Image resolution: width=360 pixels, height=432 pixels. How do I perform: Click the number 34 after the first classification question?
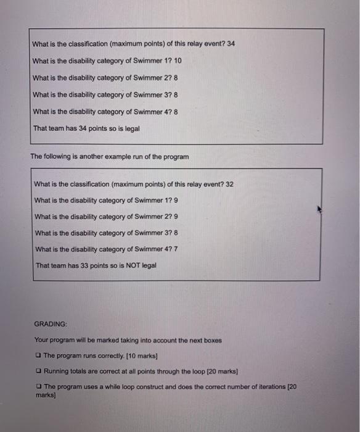click(231, 44)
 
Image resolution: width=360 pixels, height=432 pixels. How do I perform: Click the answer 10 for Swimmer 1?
click(178, 60)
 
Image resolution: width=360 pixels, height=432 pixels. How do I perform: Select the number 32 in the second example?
click(229, 184)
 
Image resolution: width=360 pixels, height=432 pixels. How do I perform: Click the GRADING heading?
click(51, 323)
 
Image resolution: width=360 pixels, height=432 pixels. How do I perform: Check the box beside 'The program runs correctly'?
click(38, 355)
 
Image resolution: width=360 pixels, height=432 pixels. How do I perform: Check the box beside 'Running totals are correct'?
click(38, 372)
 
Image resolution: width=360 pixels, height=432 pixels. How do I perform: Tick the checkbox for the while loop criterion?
click(38, 386)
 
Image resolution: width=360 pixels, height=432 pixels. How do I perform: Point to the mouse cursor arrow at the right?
click(320, 209)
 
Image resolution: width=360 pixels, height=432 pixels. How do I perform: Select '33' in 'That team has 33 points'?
click(86, 265)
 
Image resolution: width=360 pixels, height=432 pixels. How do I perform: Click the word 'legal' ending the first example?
click(131, 128)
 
